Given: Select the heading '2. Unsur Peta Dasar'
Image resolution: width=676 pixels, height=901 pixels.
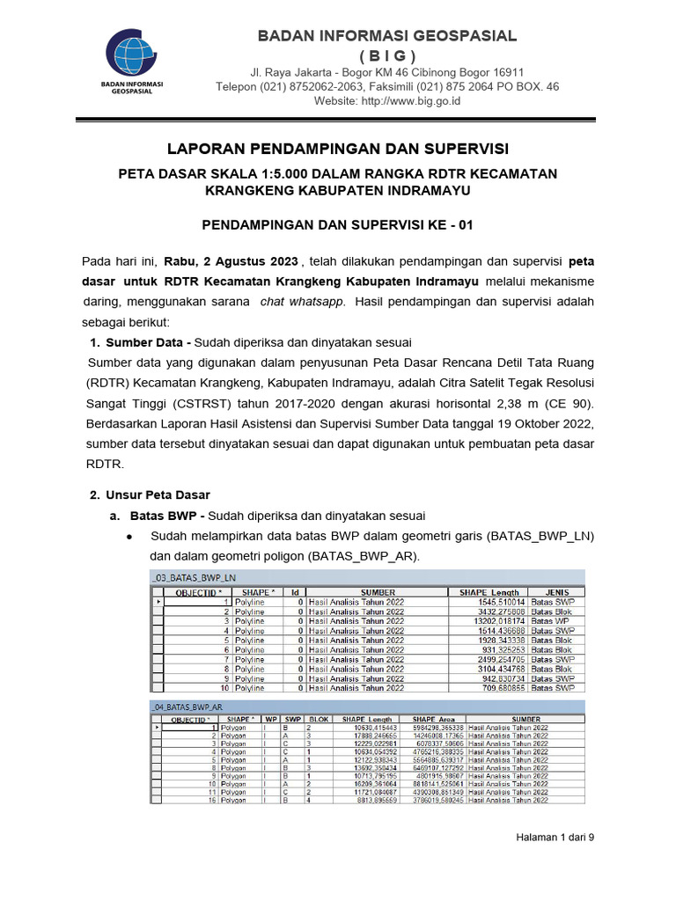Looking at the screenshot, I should click(x=151, y=494).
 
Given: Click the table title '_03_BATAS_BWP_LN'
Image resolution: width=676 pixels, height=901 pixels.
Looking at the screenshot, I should click(x=194, y=578).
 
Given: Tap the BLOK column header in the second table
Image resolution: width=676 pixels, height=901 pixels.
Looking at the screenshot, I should click(x=319, y=719).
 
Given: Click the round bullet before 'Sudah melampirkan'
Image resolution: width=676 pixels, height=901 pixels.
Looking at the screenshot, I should click(x=129, y=537).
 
